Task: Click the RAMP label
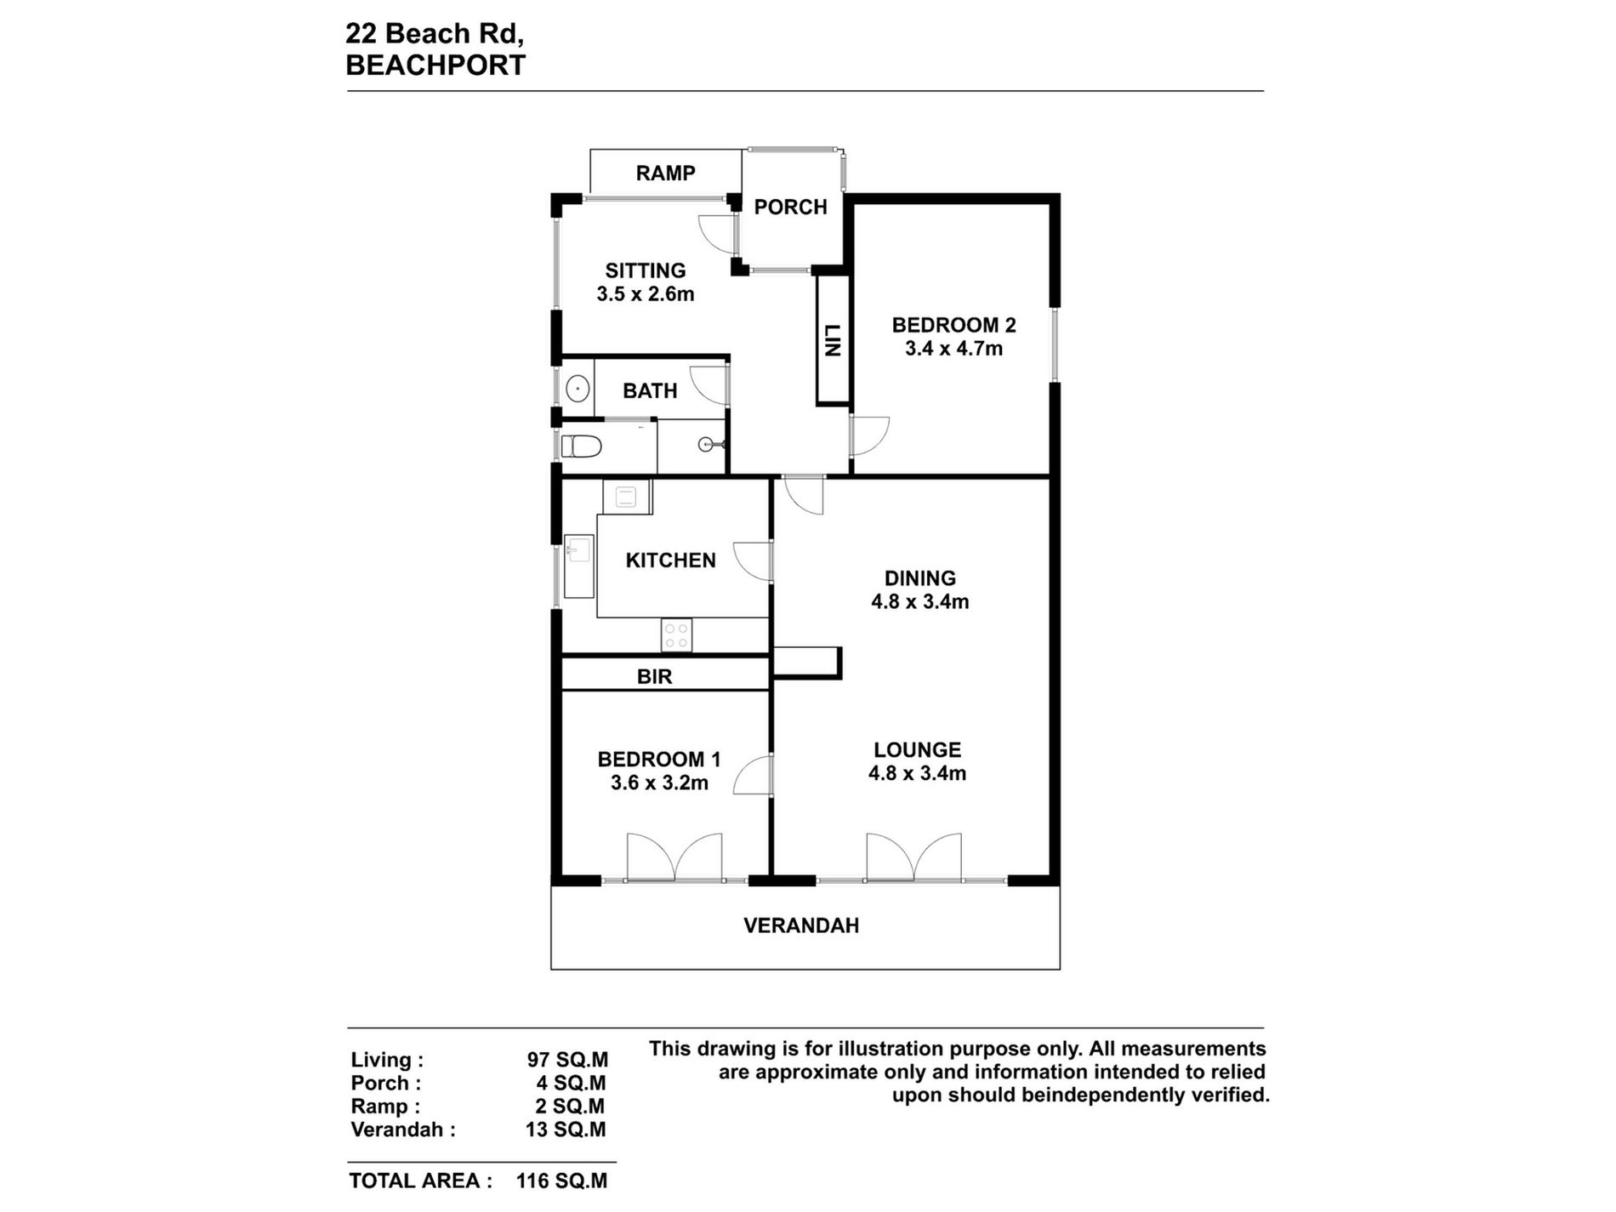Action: click(665, 174)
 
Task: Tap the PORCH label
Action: click(790, 208)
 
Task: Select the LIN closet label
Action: click(833, 341)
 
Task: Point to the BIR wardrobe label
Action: click(654, 677)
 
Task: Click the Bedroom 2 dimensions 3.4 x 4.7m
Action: click(953, 349)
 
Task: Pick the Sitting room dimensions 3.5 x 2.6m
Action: click(646, 295)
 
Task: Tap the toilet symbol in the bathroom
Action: click(583, 446)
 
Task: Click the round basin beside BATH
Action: click(578, 390)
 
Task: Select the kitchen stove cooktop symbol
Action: click(676, 634)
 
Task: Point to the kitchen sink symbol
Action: click(579, 550)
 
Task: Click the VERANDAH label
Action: click(801, 926)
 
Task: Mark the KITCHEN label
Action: click(670, 560)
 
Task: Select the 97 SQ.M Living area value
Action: click(567, 1061)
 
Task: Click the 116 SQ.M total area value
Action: click(561, 1181)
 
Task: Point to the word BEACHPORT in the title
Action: click(435, 65)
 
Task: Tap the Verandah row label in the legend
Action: click(403, 1130)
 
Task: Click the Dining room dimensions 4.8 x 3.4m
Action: click(919, 602)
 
